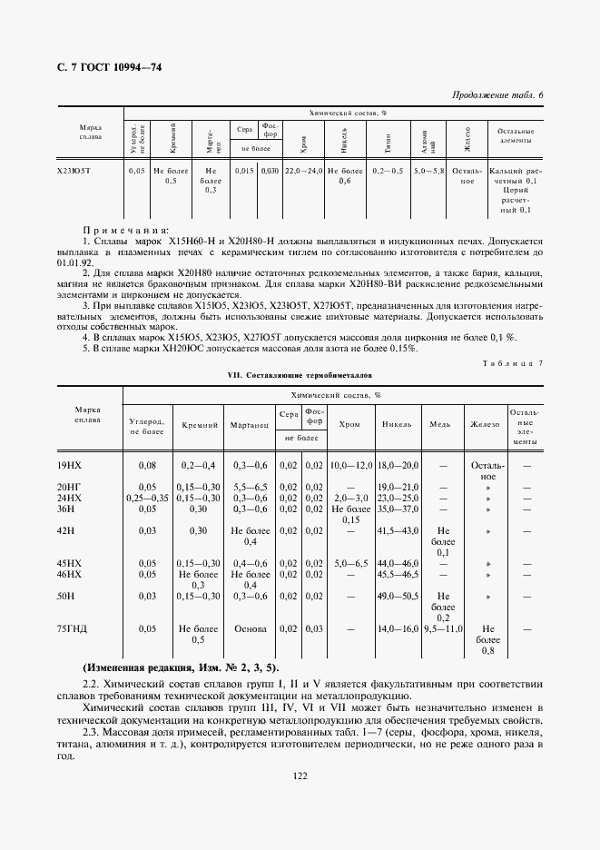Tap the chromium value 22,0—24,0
[x=303, y=171]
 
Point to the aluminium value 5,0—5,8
[x=428, y=171]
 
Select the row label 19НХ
[x=69, y=465]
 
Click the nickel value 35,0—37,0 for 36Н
[x=398, y=509]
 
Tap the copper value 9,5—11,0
[x=444, y=628]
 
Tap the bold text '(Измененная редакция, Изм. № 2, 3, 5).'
[x=181, y=667]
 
